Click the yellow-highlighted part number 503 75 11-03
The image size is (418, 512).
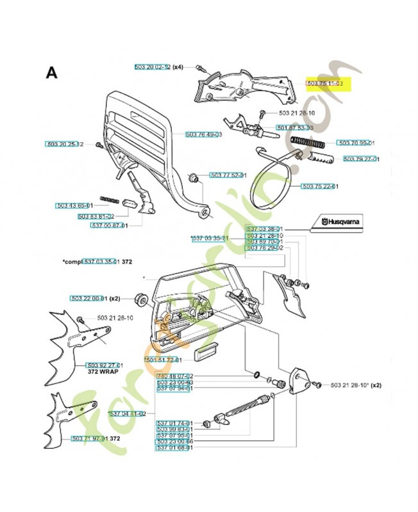[x=326, y=84]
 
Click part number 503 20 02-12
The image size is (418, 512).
[x=153, y=67]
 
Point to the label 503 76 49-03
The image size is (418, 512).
[x=203, y=134]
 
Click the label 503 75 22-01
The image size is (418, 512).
[x=320, y=186]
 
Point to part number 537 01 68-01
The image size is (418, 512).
[x=175, y=447]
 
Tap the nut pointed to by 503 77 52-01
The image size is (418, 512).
[x=191, y=176]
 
